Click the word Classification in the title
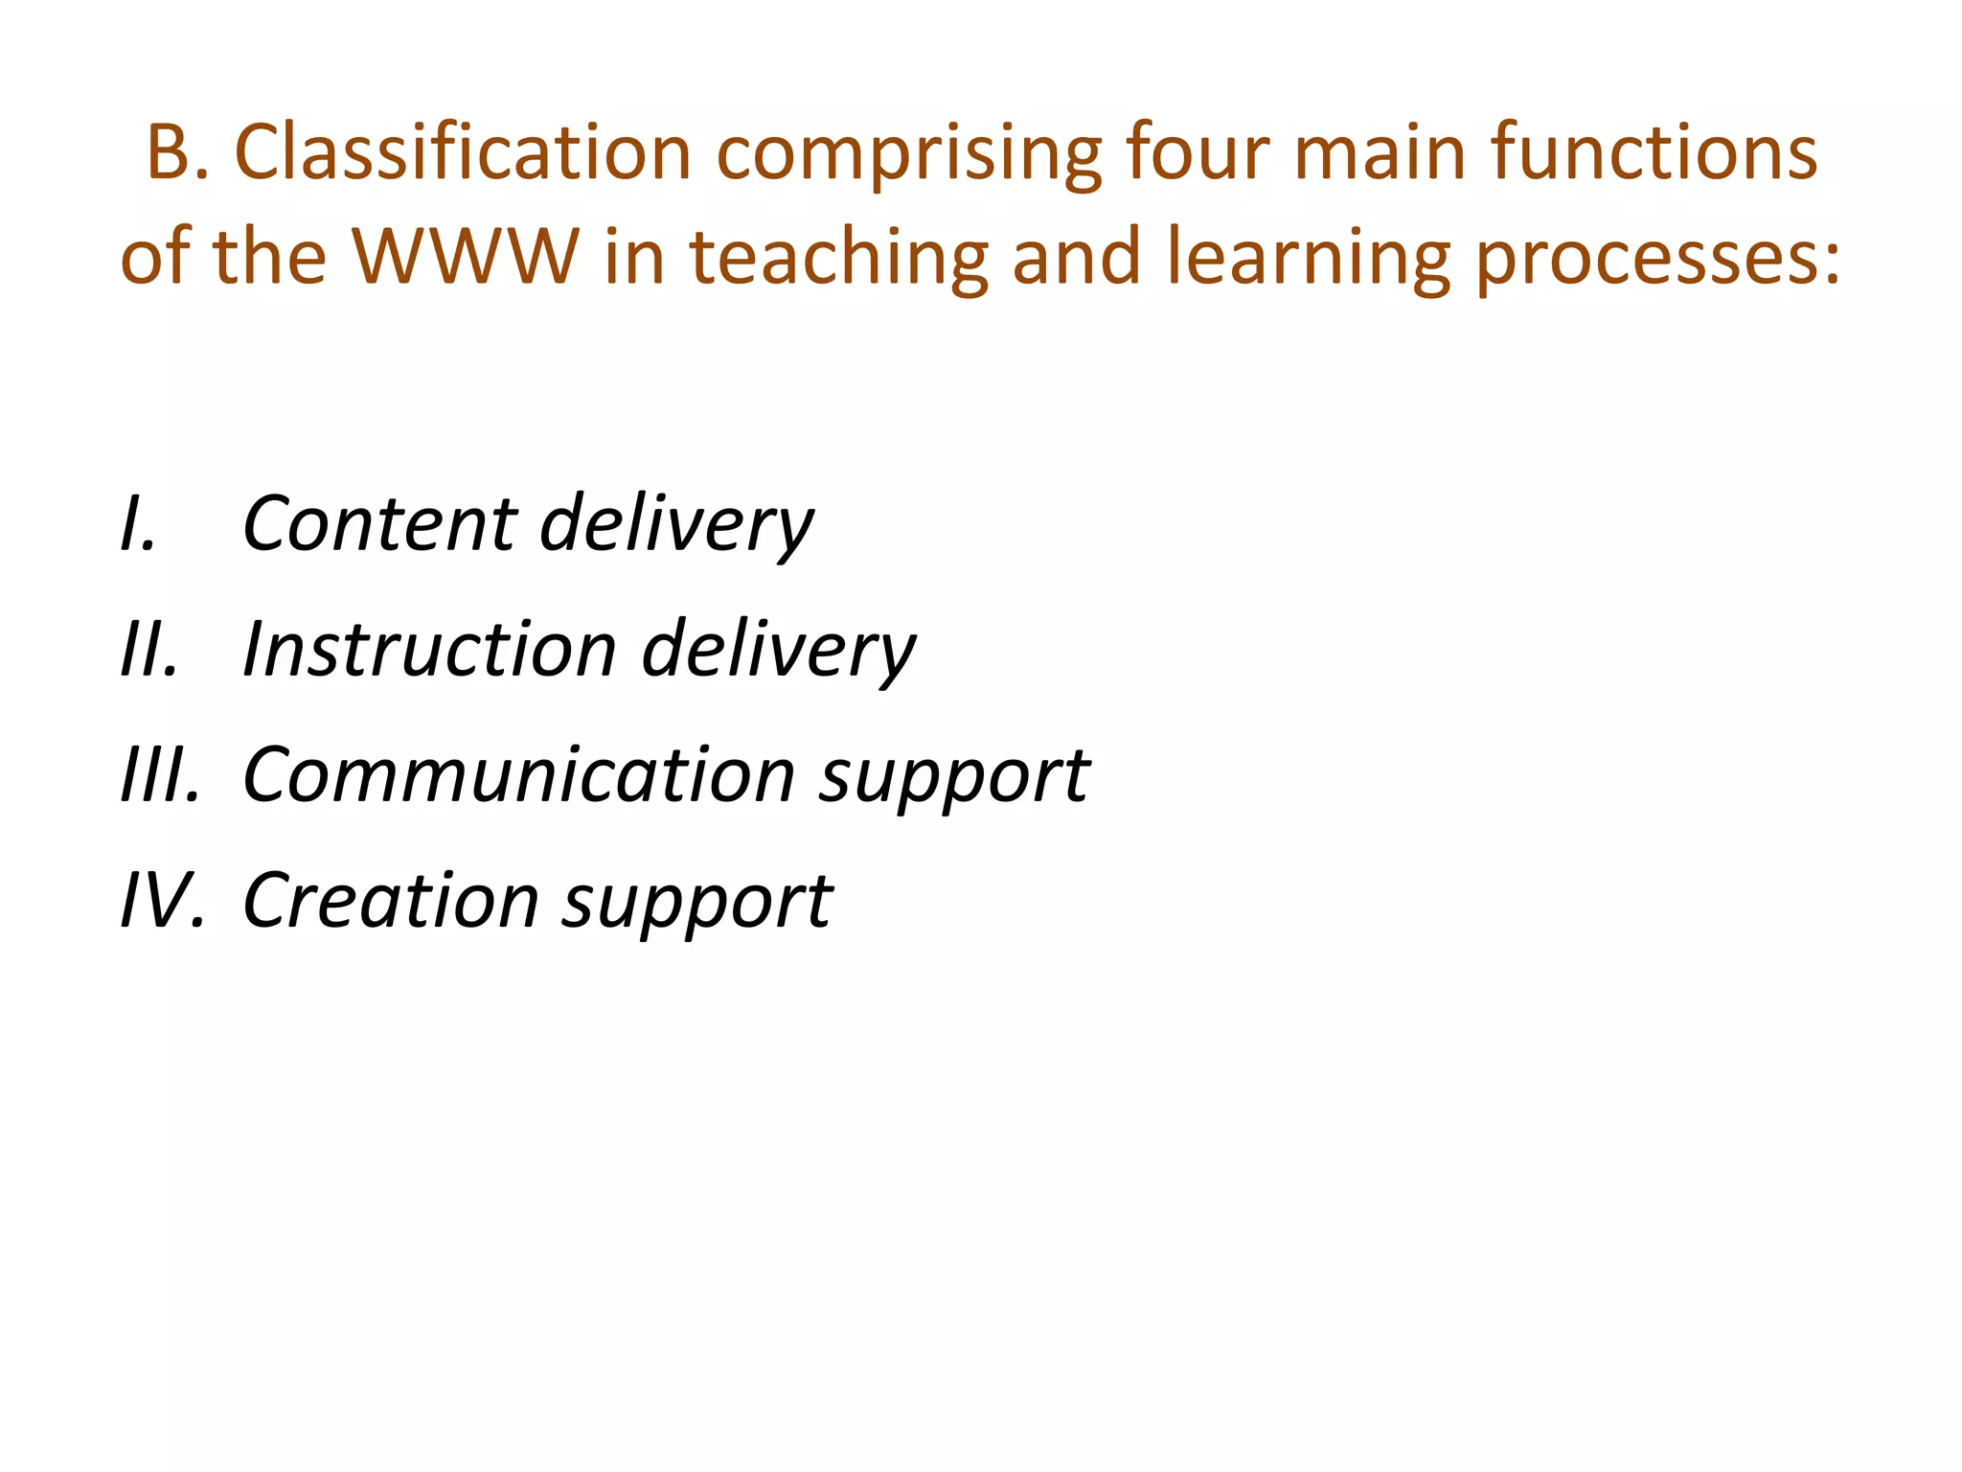click(463, 153)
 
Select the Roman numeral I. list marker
click(138, 524)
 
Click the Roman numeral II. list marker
click(149, 650)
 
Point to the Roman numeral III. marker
click(160, 775)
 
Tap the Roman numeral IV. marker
click(162, 901)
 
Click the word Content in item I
click(379, 524)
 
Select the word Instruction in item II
click(429, 650)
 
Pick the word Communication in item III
click(518, 775)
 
